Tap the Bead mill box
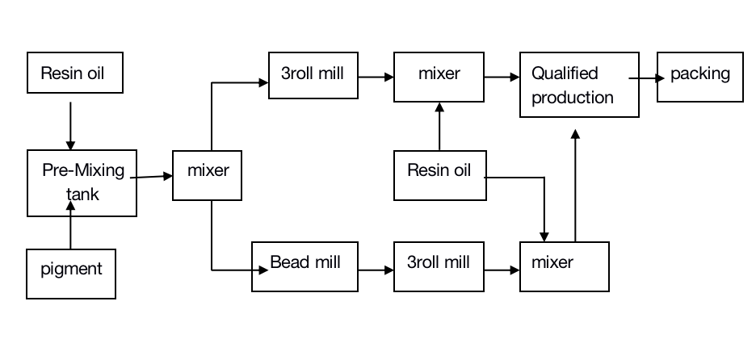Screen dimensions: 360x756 (304, 266)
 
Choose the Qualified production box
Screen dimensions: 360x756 (579, 85)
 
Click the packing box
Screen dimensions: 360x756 (699, 77)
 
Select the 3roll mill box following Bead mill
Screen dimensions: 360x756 (439, 266)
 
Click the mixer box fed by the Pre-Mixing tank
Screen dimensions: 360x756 (208, 174)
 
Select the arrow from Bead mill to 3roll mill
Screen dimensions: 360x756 (376, 270)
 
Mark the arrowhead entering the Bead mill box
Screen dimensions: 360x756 (262, 270)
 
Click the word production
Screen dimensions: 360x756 (573, 98)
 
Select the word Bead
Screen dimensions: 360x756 (287, 262)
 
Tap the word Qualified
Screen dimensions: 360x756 (565, 73)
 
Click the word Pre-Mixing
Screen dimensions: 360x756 (83, 170)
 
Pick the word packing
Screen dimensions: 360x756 (699, 74)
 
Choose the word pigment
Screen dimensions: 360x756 (71, 269)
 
